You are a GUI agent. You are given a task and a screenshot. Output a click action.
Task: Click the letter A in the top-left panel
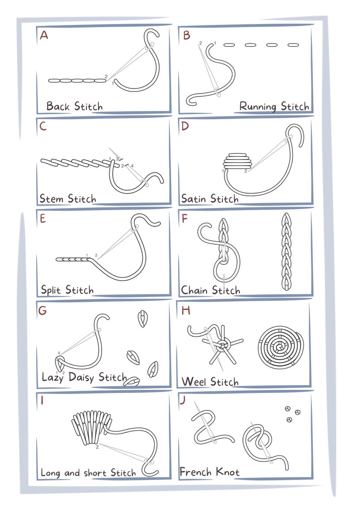[x=44, y=35]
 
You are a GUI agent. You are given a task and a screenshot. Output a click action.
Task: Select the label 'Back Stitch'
[x=74, y=107]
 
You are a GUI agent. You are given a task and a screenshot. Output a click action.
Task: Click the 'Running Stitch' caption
[x=274, y=107]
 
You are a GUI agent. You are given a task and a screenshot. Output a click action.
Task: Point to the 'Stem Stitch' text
[x=68, y=199]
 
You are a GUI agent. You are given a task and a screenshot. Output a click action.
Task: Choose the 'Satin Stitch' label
[x=209, y=199]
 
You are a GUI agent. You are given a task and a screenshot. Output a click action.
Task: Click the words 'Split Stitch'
[x=67, y=290]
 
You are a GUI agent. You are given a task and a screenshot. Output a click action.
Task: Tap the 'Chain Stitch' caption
[x=210, y=290]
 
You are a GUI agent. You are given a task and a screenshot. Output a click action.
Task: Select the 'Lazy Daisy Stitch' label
[x=84, y=377]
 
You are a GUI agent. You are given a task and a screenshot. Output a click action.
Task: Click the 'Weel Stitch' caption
[x=210, y=382]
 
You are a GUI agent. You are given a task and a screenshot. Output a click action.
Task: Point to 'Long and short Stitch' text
[x=88, y=473]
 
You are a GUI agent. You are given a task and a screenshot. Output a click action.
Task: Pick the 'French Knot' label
[x=209, y=472]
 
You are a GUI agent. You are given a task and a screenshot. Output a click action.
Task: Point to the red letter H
[x=185, y=310]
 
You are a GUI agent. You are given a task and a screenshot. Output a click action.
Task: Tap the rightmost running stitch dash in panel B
[x=293, y=45]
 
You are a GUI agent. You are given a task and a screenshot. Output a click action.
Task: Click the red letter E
[x=43, y=219]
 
